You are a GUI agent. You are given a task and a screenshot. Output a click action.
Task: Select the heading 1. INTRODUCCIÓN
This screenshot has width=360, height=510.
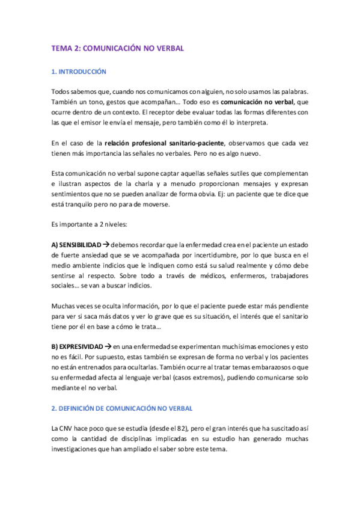[x=79, y=72]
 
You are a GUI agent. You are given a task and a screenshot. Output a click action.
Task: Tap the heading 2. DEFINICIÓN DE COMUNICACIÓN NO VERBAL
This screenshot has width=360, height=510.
[x=122, y=408]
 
